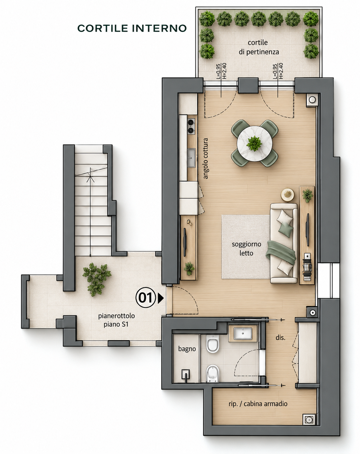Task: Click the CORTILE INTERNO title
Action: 132,28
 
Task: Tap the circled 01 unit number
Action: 145,298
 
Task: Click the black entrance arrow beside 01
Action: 161,298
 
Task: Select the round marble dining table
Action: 255,143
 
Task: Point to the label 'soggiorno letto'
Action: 246,248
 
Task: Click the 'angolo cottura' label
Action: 205,159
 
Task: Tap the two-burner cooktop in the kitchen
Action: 191,126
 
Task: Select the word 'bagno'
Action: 187,349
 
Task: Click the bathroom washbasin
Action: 243,333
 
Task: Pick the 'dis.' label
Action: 280,338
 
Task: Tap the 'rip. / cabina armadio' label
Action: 258,404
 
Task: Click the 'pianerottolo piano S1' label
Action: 116,320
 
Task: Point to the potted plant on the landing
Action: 97,279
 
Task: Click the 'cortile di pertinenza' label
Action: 259,47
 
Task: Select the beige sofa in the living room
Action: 284,243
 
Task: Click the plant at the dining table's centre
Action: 254,143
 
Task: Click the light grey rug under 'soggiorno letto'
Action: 246,247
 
